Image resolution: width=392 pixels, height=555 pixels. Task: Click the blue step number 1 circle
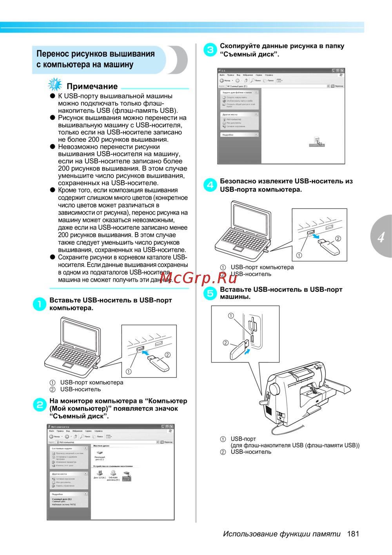point(39,304)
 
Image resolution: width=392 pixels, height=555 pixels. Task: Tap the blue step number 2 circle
point(40,405)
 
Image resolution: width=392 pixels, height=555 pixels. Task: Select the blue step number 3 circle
point(210,49)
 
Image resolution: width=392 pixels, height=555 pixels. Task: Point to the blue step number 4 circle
point(210,185)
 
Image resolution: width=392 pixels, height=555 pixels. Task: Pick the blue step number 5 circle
point(210,293)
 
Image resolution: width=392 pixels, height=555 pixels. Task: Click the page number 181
point(353,533)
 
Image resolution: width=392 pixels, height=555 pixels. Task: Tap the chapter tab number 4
point(381,237)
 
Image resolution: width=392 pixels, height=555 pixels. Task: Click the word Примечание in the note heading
point(92,86)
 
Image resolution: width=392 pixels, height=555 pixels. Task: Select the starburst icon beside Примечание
point(55,84)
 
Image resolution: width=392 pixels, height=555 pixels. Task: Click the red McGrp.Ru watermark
point(198,278)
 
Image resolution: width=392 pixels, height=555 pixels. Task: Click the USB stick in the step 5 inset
point(238,349)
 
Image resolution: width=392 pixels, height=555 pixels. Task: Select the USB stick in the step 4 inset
point(328,246)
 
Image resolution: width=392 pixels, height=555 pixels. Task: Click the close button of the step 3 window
point(342,71)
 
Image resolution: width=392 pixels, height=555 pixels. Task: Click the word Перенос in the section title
point(53,54)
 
